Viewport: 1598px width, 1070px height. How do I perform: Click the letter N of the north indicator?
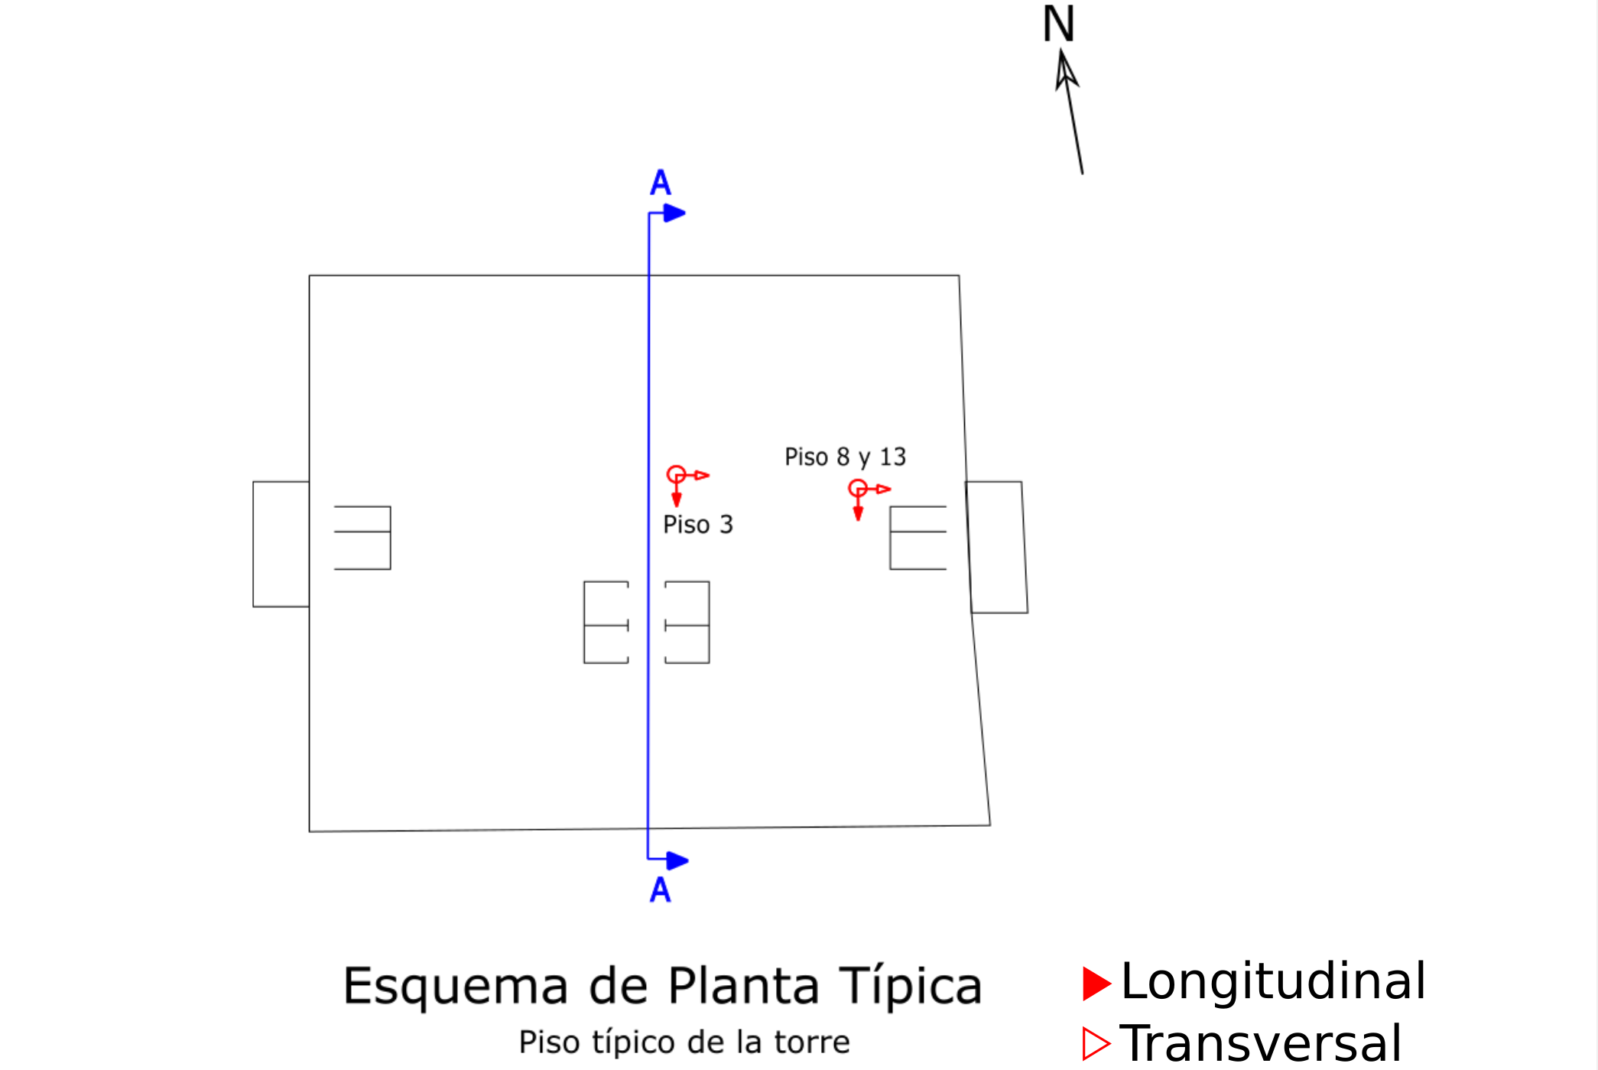click(1058, 24)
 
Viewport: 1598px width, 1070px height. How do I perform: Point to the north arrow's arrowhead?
click(1065, 70)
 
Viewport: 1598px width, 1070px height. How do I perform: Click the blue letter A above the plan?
click(661, 183)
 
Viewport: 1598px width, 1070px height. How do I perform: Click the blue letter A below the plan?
click(661, 889)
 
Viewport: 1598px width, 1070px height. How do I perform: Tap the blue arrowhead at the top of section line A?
click(674, 213)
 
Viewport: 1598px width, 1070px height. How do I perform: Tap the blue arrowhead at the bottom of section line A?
click(677, 861)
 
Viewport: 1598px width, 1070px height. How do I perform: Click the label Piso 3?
click(698, 525)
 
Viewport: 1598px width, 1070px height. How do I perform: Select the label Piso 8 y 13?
click(846, 457)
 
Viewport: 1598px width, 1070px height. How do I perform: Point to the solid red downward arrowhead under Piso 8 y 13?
click(858, 512)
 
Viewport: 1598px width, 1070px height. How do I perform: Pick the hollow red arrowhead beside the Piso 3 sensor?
click(702, 475)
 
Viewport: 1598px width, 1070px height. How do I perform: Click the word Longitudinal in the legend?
click(1273, 981)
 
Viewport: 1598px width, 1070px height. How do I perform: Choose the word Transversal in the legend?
click(1261, 1042)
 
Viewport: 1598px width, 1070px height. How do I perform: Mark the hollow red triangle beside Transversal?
click(1096, 1044)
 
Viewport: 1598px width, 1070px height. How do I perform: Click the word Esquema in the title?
click(456, 986)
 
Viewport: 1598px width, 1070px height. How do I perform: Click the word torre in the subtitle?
click(812, 1042)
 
